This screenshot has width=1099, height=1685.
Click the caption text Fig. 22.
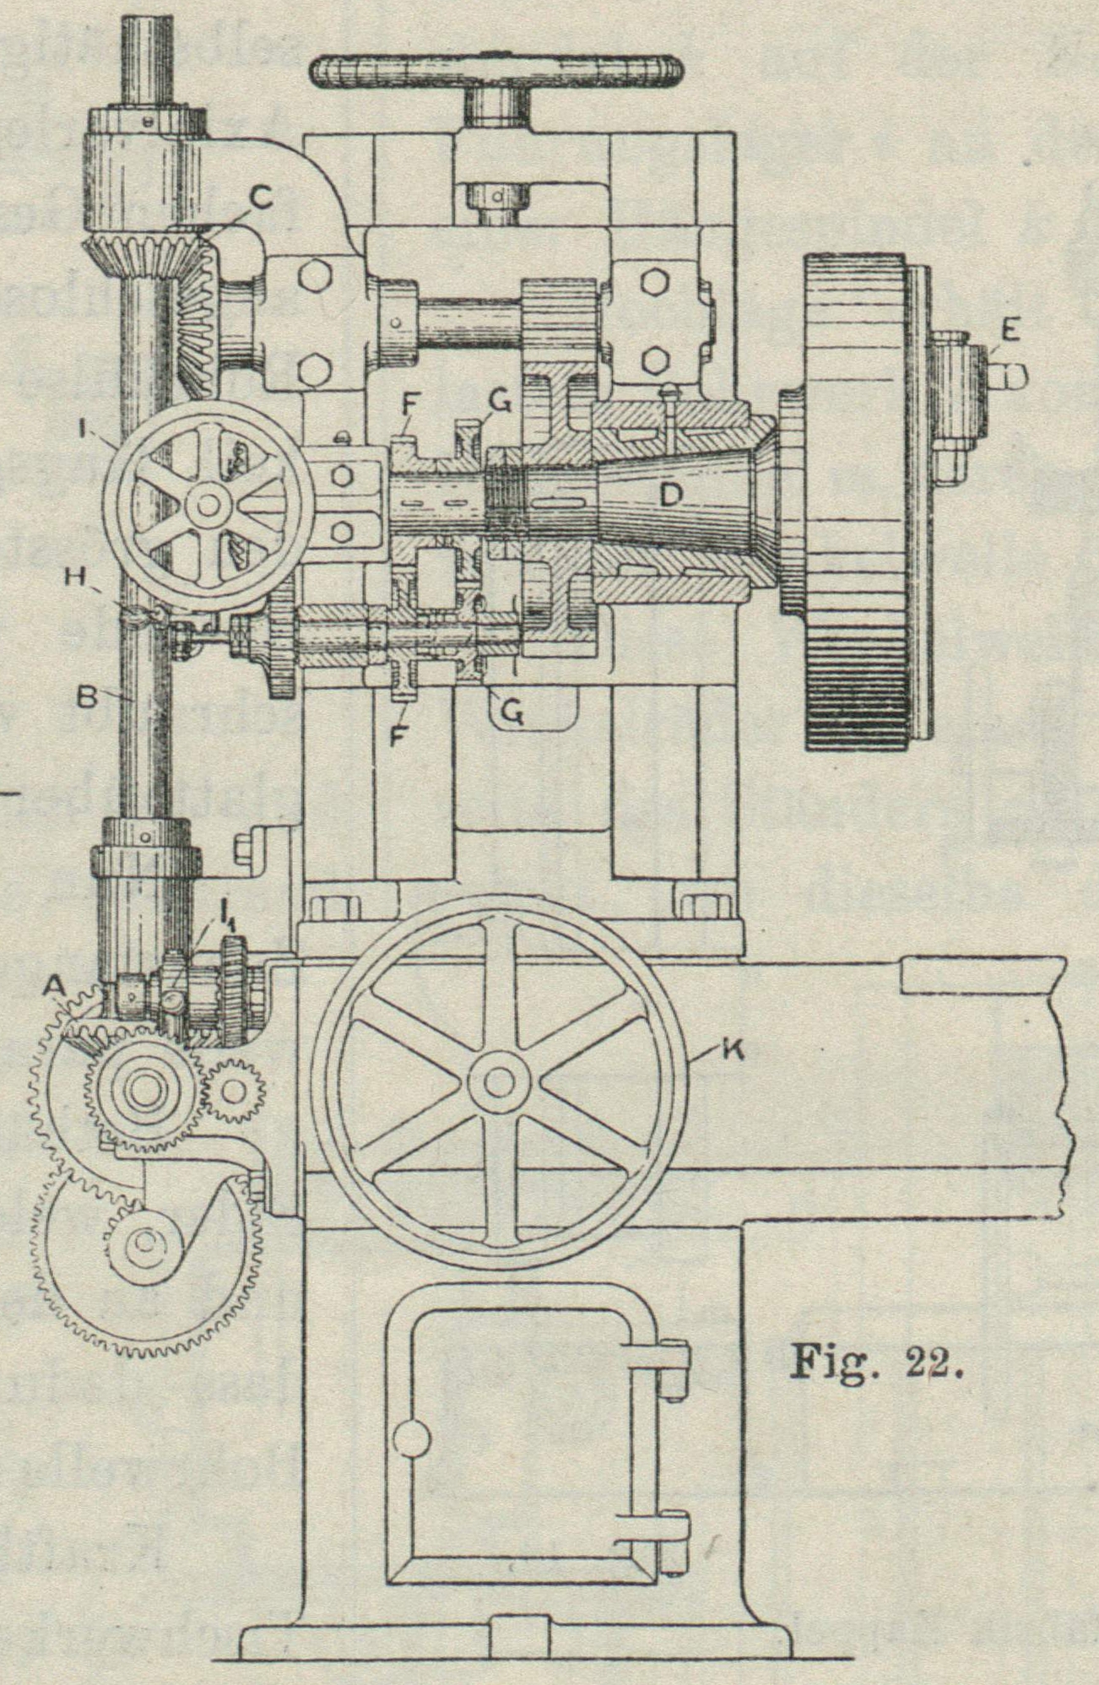coord(874,1360)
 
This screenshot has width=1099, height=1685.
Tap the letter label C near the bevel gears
coord(261,199)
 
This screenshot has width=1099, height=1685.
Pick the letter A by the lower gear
coord(56,984)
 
